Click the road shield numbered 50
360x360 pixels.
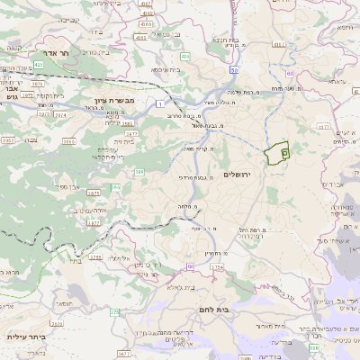click(233, 69)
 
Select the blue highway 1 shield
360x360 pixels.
click(158, 105)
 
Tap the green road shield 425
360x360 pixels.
click(39, 67)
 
